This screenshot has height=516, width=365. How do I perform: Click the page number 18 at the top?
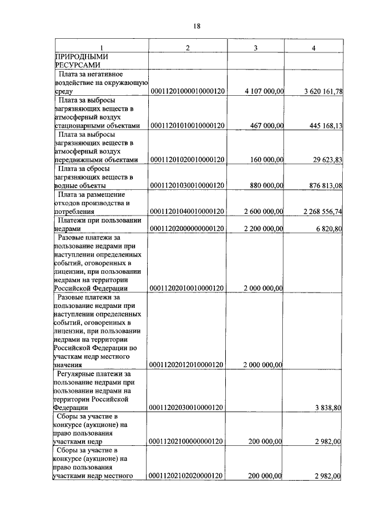(197, 26)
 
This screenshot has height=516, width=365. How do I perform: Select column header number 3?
(255, 48)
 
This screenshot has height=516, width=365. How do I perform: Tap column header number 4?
(314, 48)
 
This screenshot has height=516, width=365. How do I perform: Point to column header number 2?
(188, 48)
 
